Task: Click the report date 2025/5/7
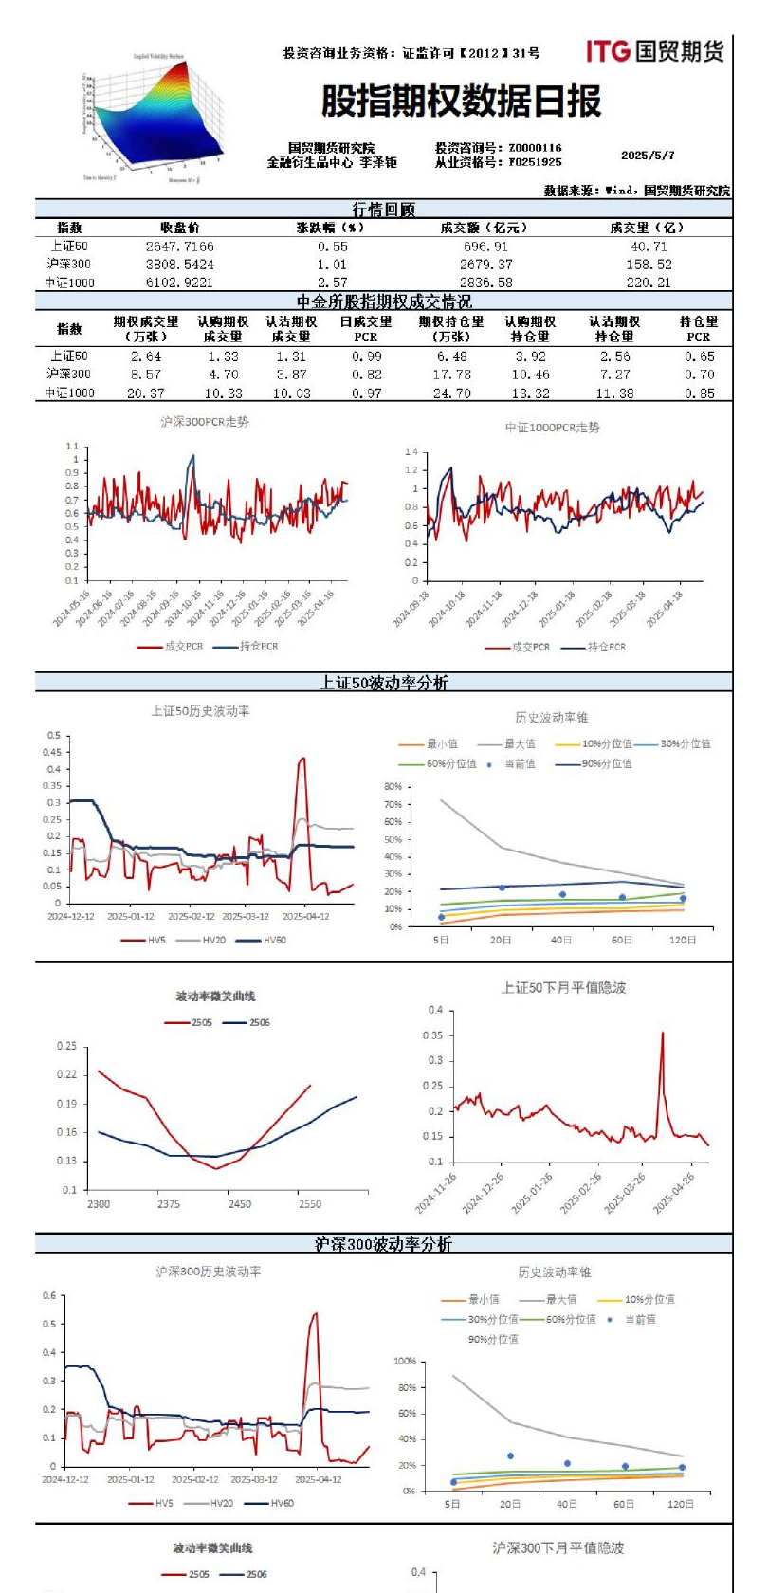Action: point(648,156)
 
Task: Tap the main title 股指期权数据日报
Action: point(462,101)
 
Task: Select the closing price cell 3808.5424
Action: point(180,265)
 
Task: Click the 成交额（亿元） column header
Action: point(484,228)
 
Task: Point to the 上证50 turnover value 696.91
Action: point(485,247)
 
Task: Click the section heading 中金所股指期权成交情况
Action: point(384,302)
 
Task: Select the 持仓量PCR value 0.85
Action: point(700,394)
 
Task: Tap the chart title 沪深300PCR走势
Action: point(205,422)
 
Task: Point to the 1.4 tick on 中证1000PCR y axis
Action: point(411,452)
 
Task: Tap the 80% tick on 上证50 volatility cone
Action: point(393,787)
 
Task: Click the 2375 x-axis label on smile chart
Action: point(169,1204)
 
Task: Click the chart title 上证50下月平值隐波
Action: point(563,988)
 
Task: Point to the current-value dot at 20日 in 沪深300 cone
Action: point(510,1456)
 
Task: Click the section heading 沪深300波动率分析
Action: point(384,1244)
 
